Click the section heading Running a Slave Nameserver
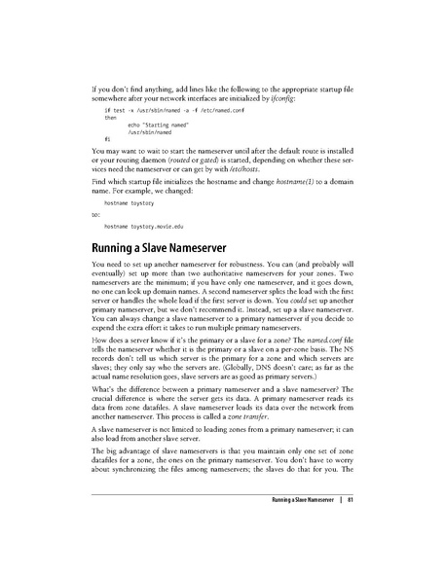[167, 247]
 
